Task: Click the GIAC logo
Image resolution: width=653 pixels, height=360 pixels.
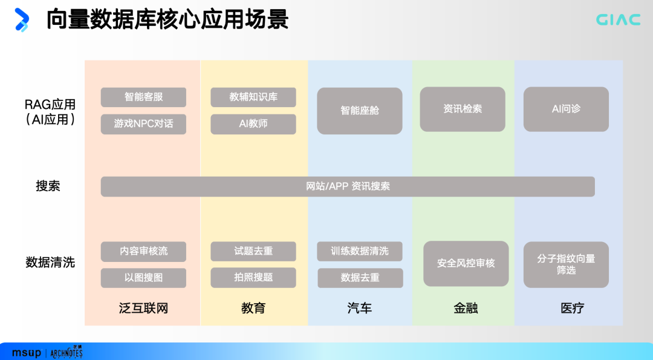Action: click(618, 20)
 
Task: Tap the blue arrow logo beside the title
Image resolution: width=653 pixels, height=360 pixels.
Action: click(22, 19)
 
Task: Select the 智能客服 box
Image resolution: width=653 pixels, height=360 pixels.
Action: click(143, 97)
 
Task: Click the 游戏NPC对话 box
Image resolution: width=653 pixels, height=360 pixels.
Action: click(143, 123)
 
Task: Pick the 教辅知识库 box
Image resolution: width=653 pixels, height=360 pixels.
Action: click(253, 97)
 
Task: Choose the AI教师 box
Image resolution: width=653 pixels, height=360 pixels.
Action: click(253, 123)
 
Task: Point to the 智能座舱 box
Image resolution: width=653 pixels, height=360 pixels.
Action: click(360, 111)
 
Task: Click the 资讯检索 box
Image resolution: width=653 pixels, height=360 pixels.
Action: click(463, 109)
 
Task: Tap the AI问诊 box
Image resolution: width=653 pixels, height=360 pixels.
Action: click(566, 109)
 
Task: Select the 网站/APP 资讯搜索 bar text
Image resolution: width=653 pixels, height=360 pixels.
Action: click(348, 186)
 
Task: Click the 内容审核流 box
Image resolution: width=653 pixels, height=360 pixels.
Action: click(143, 251)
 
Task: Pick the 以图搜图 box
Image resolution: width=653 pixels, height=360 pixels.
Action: click(143, 278)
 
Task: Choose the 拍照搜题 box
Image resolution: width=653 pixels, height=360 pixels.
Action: click(253, 277)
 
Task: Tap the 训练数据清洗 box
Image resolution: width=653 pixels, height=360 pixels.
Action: click(360, 251)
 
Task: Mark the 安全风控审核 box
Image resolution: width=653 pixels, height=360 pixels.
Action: click(466, 263)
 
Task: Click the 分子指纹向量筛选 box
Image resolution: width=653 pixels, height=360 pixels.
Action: click(566, 264)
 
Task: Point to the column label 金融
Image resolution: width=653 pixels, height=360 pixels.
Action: click(466, 308)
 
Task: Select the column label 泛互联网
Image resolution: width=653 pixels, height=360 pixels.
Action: click(143, 308)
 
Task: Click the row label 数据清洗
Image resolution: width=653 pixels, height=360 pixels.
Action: click(50, 263)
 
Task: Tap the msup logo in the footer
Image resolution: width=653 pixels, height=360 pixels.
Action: click(27, 352)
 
